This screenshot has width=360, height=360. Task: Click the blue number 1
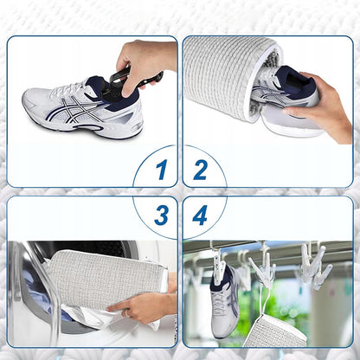162,170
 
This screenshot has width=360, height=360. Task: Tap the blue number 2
200,170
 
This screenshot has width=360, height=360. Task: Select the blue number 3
162,215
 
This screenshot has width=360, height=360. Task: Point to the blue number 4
200,215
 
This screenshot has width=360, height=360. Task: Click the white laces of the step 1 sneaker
68,87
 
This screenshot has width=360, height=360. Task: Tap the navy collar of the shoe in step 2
297,82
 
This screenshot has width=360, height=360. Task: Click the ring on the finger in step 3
125,314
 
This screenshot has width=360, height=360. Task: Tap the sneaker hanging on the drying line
225,300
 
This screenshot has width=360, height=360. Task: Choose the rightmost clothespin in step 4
315,266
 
